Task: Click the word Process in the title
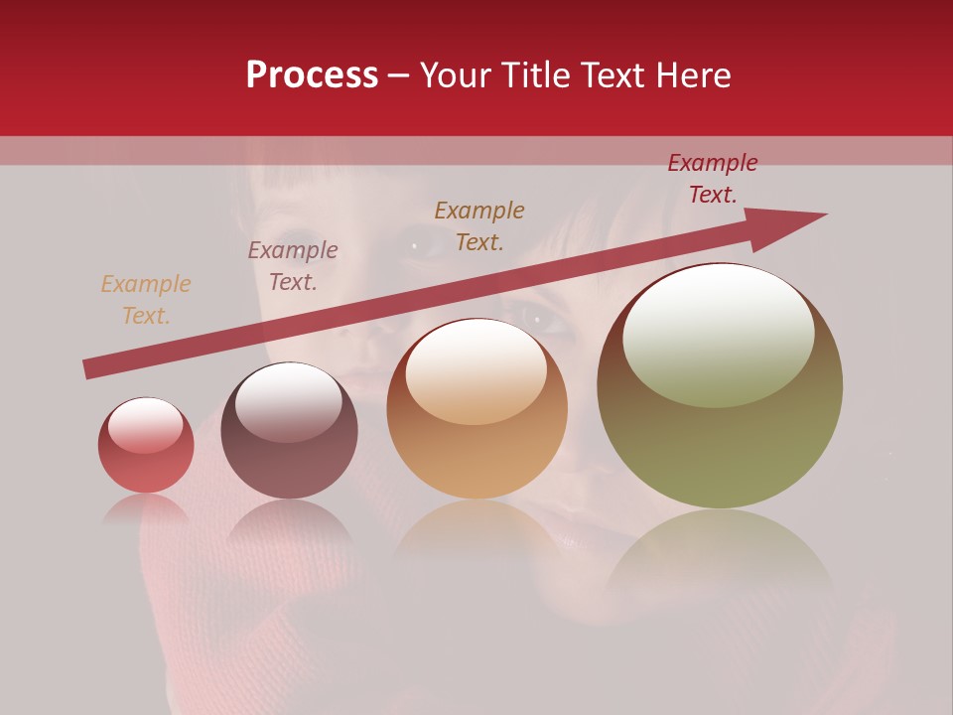(x=312, y=75)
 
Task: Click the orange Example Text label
(x=145, y=300)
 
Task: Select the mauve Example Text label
(x=292, y=266)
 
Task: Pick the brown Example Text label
(x=479, y=226)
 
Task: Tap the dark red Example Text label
(x=712, y=179)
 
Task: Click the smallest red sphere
(x=146, y=446)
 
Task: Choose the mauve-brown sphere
(x=289, y=431)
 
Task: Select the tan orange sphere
(x=476, y=409)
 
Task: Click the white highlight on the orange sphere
(x=476, y=368)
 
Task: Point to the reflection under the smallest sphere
(x=146, y=508)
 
